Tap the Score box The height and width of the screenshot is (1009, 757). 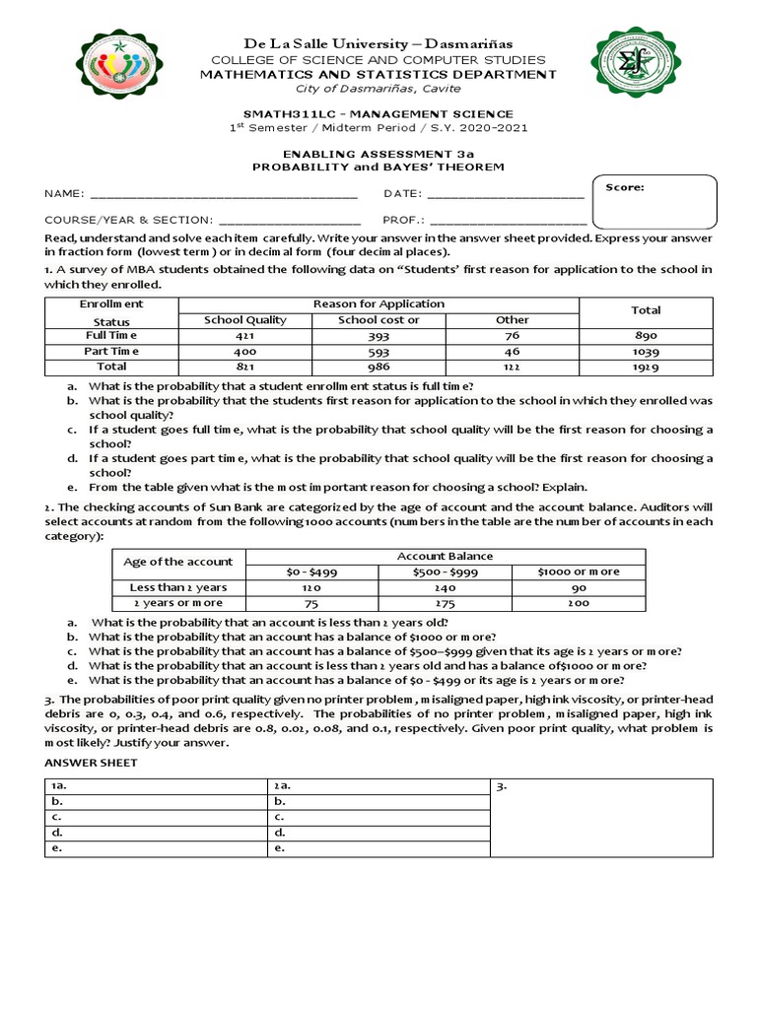pos(654,201)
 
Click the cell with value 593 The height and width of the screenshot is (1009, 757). pos(378,351)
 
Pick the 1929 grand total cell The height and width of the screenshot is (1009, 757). pos(646,367)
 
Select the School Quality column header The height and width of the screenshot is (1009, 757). pos(244,320)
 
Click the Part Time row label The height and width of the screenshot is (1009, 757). pos(111,351)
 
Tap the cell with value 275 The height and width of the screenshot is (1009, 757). pos(446,603)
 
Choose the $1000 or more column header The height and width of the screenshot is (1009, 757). pos(579,572)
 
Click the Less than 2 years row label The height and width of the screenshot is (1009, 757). pos(178,587)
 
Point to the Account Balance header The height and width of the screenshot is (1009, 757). pos(446,556)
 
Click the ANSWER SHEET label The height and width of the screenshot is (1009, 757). pos(92,763)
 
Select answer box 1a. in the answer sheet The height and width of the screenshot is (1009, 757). pos(156,785)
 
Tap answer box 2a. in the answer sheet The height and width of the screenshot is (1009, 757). pos(378,785)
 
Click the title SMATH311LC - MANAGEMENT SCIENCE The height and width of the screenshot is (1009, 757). pos(378,114)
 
